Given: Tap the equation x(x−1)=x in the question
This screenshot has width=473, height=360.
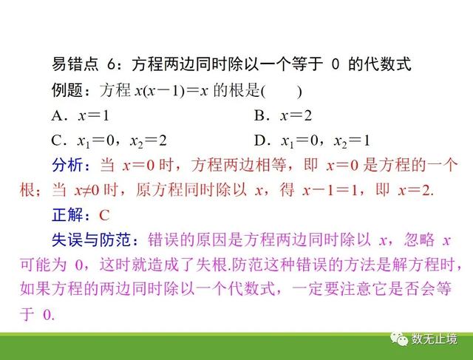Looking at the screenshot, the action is point(171,90).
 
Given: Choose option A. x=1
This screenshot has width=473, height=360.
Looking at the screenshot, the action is point(81,115).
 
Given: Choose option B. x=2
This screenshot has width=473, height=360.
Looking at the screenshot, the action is point(283,115).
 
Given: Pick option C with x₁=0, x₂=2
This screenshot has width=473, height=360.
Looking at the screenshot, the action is point(109,141).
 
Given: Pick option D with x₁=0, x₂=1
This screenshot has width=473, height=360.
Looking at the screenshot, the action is point(312,141).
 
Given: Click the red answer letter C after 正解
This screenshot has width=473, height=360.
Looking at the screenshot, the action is point(104,215).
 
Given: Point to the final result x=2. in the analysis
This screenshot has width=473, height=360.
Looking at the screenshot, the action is point(416,191).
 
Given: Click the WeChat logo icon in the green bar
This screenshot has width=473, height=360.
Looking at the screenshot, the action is point(399,339).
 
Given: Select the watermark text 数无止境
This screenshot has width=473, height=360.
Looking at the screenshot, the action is point(435,339).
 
